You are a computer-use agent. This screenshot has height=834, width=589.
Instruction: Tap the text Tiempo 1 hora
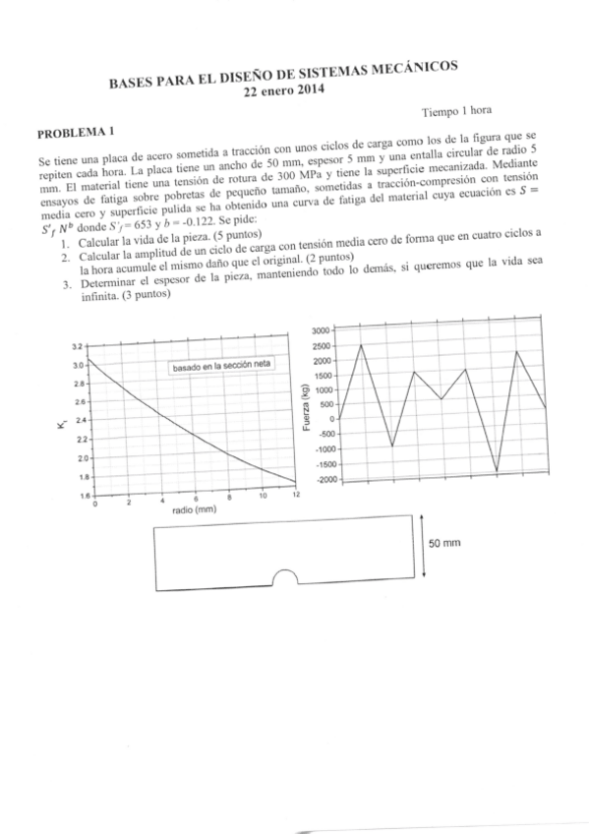457,112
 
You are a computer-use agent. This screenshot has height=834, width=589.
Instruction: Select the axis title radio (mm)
194,510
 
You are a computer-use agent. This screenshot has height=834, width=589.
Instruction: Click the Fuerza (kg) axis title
308,404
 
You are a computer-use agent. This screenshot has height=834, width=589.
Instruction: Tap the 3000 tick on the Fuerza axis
324,330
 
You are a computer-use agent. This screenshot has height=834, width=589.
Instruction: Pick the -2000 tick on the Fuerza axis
324,479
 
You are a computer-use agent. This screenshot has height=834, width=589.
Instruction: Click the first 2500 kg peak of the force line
361,345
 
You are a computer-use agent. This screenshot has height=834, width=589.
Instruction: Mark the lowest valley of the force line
497,472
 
